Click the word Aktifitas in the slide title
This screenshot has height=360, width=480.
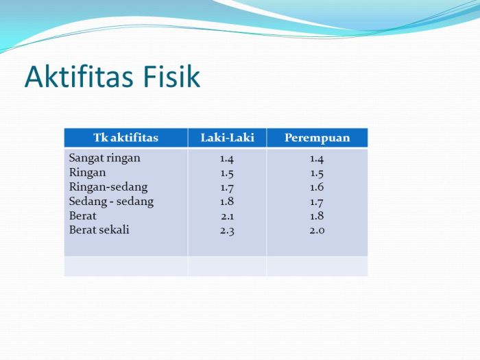(79, 76)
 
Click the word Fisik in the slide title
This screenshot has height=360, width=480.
(171, 76)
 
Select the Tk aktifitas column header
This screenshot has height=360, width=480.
(125, 138)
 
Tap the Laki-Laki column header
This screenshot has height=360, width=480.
(227, 138)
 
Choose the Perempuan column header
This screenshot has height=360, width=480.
(317, 138)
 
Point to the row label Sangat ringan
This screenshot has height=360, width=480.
(105, 158)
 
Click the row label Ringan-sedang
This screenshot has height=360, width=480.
(108, 187)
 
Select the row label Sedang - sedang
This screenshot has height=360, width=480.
(111, 202)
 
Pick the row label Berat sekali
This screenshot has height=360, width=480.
(99, 230)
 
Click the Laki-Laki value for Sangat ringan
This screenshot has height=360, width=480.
(227, 159)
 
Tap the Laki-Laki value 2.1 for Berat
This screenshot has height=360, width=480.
(227, 217)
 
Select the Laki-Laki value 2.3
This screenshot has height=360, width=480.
(227, 230)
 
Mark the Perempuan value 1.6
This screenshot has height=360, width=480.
(317, 187)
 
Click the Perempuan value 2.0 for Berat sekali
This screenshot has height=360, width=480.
(317, 230)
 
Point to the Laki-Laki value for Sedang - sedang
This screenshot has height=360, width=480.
(227, 202)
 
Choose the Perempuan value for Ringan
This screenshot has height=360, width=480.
(317, 173)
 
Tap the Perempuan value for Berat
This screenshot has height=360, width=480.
(317, 216)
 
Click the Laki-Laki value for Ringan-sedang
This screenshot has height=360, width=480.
(227, 188)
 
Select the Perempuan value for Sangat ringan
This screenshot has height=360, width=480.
(317, 159)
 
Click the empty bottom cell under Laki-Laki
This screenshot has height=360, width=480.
(227, 266)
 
